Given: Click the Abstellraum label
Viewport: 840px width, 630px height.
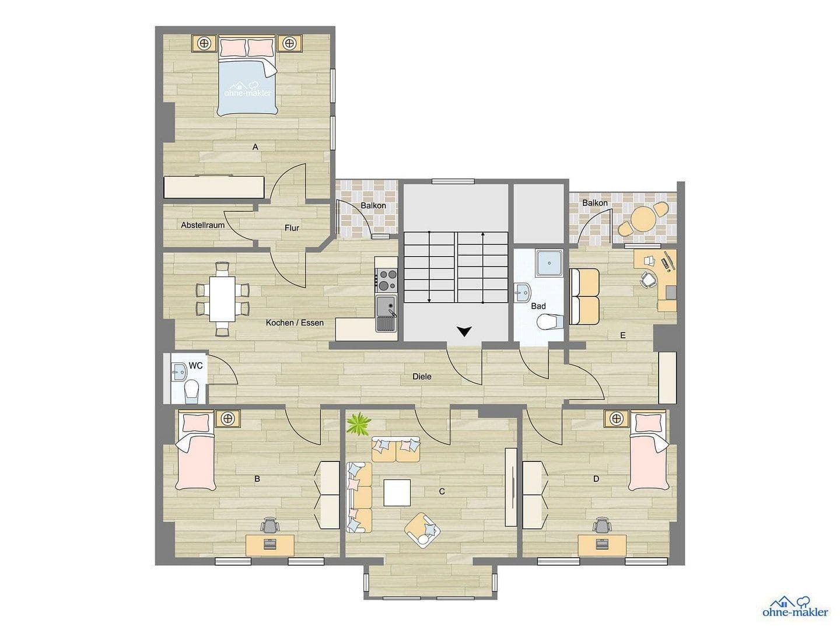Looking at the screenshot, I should (x=202, y=225).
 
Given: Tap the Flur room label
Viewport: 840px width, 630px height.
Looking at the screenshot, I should (x=292, y=228).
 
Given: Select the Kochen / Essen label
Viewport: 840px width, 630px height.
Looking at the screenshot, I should (x=295, y=323).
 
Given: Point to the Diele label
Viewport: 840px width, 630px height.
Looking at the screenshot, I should (x=422, y=377).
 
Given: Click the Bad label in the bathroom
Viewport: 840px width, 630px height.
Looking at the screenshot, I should (x=538, y=306).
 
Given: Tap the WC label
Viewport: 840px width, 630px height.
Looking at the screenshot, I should (x=196, y=366).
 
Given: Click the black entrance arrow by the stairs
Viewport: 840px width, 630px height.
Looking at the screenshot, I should (x=464, y=332).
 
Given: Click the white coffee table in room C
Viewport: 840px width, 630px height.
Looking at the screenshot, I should (x=397, y=492).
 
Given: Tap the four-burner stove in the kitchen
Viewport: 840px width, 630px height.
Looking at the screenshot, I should (x=386, y=281).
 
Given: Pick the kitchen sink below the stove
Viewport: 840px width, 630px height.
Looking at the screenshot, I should (x=386, y=313).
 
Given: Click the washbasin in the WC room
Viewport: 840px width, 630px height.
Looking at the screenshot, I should (x=177, y=369).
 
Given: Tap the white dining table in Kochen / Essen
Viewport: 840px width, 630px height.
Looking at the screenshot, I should (x=222, y=298).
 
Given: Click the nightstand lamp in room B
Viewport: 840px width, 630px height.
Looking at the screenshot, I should (x=228, y=418).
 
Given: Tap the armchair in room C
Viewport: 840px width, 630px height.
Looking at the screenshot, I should (x=422, y=530).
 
